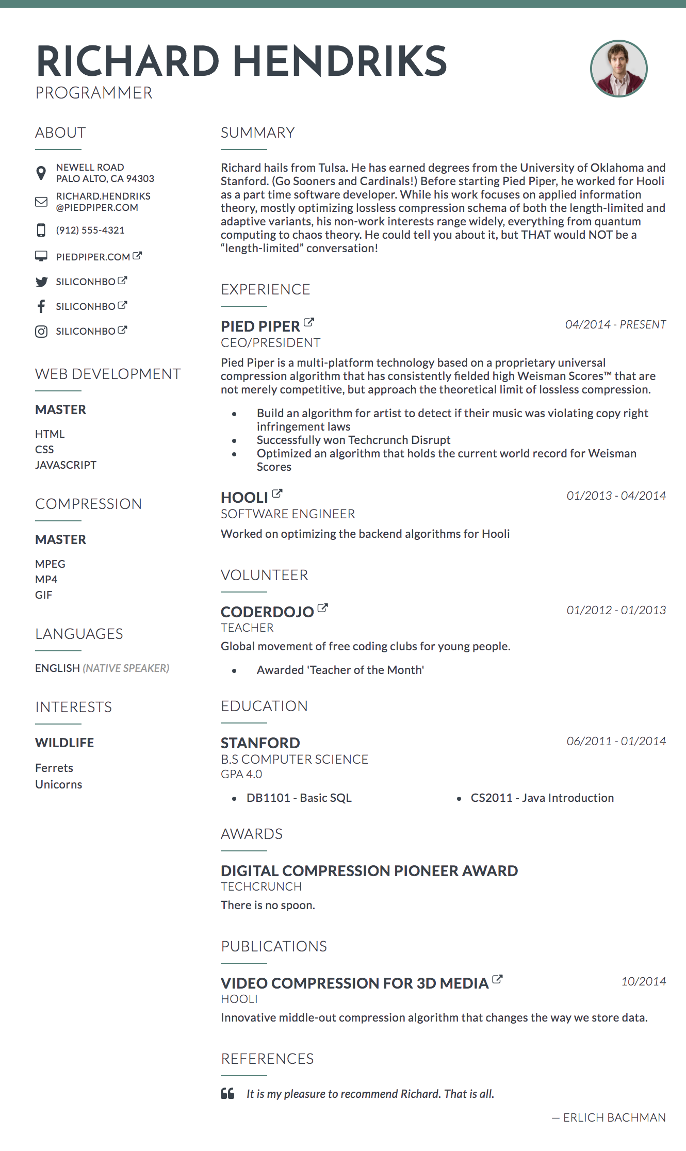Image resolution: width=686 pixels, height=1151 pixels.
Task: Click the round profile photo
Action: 618,69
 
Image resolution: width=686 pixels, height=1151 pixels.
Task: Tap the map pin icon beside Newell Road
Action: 41,173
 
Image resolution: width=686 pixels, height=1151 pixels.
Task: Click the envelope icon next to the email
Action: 41,202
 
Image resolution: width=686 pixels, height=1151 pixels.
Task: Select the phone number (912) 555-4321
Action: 90,230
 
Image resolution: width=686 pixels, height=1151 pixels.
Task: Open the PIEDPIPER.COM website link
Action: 93,257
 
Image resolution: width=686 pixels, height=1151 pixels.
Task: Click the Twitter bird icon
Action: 41,282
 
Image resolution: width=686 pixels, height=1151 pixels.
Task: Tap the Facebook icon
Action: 41,306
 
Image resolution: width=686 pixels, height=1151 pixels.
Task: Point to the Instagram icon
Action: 41,331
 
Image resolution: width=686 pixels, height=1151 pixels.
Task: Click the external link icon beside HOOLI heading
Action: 277,494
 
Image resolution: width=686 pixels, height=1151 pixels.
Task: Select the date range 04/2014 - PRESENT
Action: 615,324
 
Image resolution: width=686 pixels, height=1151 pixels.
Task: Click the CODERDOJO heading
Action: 267,612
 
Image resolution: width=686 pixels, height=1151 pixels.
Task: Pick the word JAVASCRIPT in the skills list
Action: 66,465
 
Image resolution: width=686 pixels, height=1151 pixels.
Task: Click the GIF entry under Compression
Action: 44,595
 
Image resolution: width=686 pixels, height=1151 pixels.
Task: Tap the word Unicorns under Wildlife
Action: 59,784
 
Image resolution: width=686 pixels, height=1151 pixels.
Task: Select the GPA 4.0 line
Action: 241,774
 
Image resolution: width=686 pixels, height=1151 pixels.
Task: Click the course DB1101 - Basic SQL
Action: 299,798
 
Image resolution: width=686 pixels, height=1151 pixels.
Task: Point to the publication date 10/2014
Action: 643,981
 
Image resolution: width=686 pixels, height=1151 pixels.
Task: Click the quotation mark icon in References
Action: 227,1093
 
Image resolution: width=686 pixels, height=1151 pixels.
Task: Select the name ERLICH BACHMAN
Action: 614,1117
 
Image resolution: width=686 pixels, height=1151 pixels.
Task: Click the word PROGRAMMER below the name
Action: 94,93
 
